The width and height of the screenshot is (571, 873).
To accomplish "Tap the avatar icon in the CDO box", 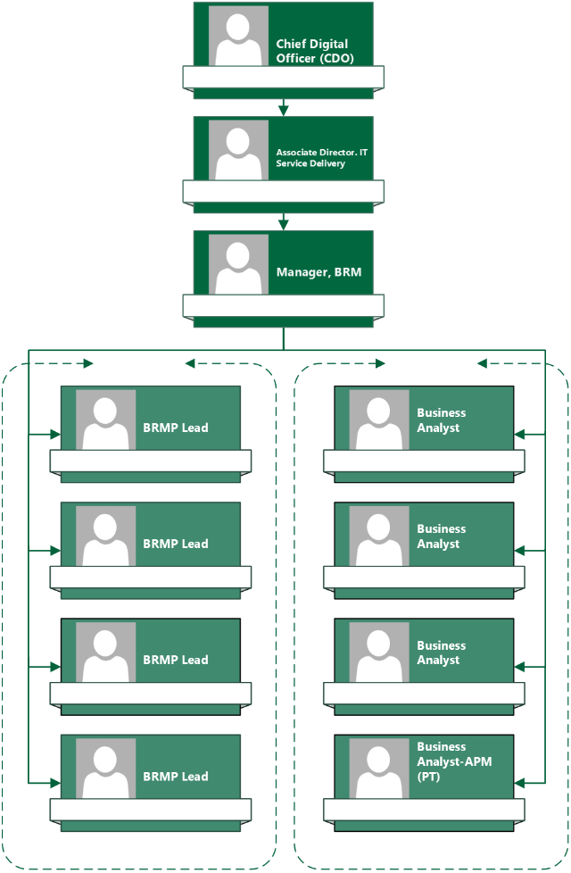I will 238,36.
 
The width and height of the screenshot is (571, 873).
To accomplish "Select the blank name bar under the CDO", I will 283,77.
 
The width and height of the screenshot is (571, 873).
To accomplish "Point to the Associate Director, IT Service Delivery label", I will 321,158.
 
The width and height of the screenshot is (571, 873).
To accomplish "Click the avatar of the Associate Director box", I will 238,150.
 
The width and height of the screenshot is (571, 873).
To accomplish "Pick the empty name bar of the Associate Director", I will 283,191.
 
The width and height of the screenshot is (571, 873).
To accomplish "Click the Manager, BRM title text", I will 319,271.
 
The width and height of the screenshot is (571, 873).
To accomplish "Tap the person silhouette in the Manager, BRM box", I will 238,264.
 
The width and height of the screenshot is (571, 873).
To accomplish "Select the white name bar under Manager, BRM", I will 283,306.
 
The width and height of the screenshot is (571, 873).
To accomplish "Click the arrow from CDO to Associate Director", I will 284,109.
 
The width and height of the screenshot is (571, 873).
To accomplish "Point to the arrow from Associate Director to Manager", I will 284,223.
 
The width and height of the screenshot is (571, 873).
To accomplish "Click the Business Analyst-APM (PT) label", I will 454,761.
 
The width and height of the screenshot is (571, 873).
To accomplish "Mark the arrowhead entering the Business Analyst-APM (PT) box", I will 520,783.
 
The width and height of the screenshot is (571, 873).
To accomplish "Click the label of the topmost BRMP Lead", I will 176,428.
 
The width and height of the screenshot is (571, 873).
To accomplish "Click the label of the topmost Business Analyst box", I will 441,420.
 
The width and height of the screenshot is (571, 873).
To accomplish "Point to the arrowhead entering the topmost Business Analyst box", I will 520,435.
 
